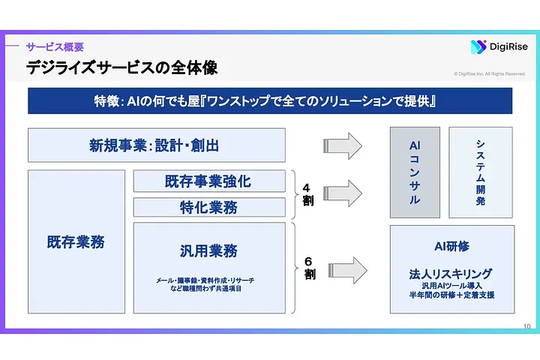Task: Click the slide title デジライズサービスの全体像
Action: click(122, 68)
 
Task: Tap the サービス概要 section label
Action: click(55, 46)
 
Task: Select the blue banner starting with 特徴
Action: click(270, 100)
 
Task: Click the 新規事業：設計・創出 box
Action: click(157, 145)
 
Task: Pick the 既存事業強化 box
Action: click(209, 181)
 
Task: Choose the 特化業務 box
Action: click(209, 208)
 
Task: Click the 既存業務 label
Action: click(76, 242)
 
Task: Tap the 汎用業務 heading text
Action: click(208, 250)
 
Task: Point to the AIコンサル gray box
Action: click(415, 172)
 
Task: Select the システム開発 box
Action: click(481, 172)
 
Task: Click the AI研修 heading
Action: click(451, 246)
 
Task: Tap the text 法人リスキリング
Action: click(451, 274)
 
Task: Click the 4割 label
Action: click(307, 193)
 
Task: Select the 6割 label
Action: click(309, 268)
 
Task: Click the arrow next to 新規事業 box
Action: click(343, 145)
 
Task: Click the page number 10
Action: click(526, 326)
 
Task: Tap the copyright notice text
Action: click(490, 73)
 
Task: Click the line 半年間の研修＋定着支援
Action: click(451, 295)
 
